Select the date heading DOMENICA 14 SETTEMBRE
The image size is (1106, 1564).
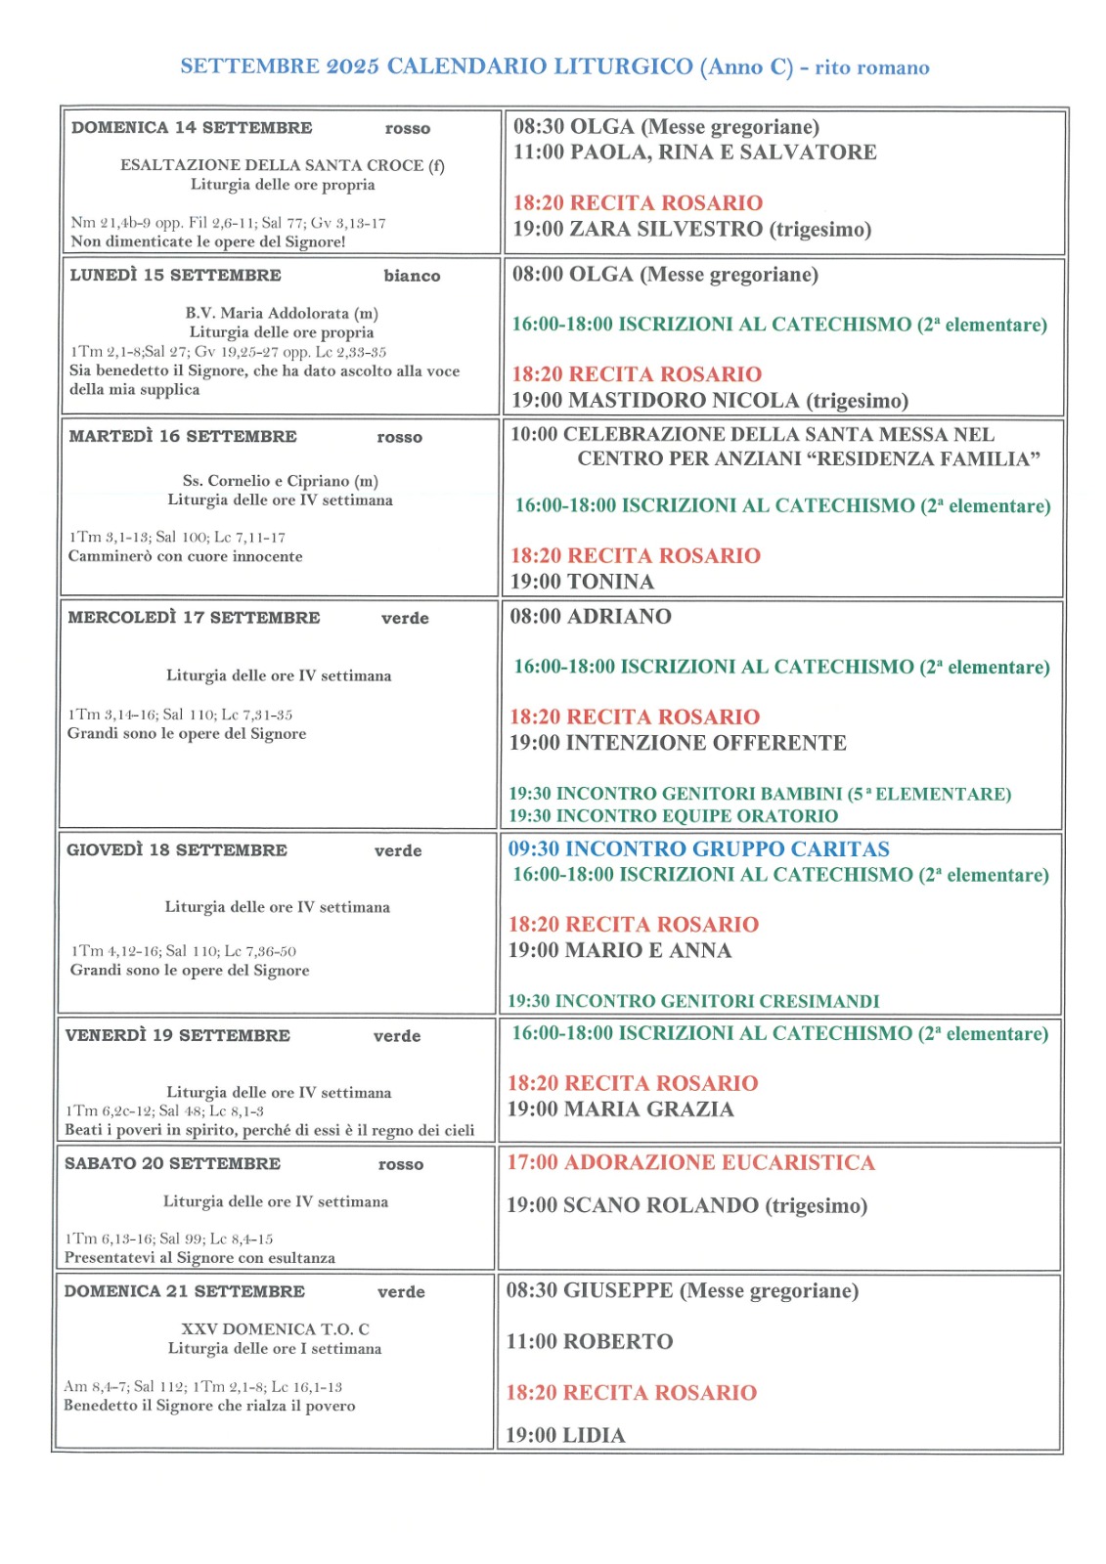click(x=192, y=128)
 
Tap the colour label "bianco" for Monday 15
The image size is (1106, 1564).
click(x=412, y=277)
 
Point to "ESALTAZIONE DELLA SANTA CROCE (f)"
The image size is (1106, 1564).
click(x=282, y=165)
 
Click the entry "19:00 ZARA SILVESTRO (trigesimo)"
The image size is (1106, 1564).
click(x=691, y=230)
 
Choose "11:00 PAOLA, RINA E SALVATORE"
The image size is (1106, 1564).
click(x=694, y=152)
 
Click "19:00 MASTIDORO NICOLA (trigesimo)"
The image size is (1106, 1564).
click(x=710, y=401)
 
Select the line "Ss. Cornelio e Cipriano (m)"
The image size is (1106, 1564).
click(x=280, y=481)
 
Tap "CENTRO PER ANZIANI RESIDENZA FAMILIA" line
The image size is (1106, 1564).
click(x=808, y=459)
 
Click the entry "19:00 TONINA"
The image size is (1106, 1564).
click(x=582, y=583)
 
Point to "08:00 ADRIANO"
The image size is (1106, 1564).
click(x=591, y=617)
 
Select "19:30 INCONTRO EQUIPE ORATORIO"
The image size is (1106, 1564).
click(x=673, y=816)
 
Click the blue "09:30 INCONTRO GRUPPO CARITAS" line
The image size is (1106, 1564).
click(x=698, y=849)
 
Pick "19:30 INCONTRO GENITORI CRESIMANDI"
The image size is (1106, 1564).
click(x=692, y=1002)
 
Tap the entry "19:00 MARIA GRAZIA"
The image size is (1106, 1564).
click(x=620, y=1109)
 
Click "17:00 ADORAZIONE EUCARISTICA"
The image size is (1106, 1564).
click(x=690, y=1163)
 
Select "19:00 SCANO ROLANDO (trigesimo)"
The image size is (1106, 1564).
click(x=686, y=1206)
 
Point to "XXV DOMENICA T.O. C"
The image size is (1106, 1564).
click(x=275, y=1329)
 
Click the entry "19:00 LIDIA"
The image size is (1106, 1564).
click(x=565, y=1436)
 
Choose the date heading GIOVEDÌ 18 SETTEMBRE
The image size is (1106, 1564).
click(x=177, y=850)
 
